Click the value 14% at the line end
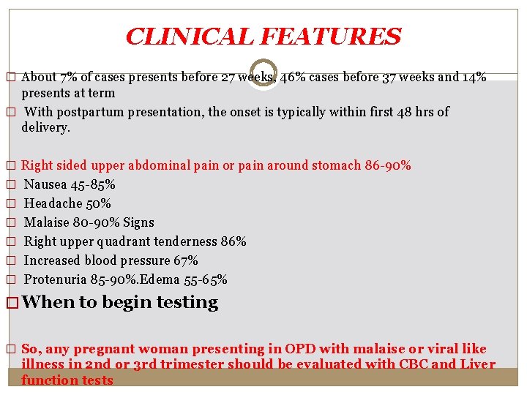[475, 78]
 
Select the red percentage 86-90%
[388, 165]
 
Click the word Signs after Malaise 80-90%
[139, 222]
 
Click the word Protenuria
[56, 279]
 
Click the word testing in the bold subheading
[187, 303]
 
